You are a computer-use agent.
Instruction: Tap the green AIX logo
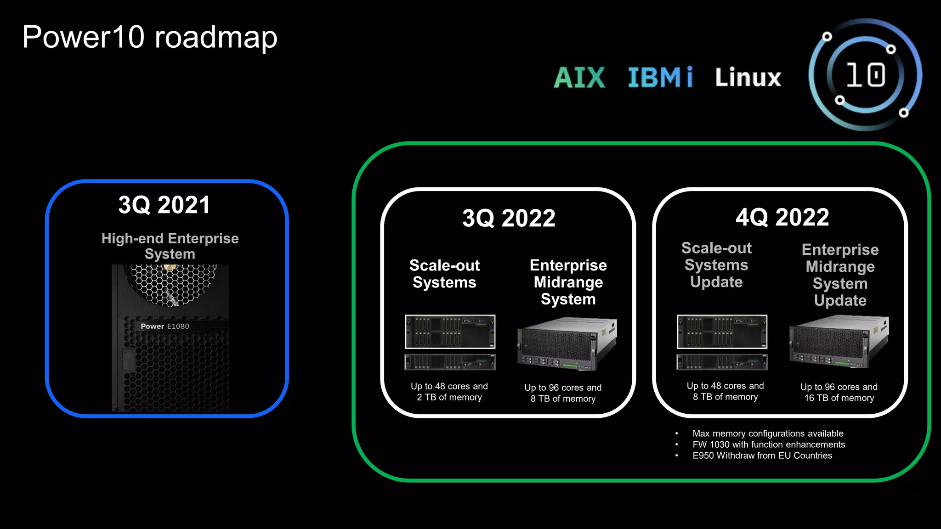click(579, 77)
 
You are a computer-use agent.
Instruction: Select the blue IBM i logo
click(660, 77)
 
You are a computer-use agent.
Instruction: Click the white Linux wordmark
click(748, 77)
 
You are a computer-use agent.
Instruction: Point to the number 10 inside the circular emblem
click(866, 75)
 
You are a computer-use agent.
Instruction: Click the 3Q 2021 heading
click(164, 205)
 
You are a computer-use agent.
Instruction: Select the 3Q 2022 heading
click(509, 218)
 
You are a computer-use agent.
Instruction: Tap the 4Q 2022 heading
click(782, 217)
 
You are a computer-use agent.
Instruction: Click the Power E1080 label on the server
click(165, 326)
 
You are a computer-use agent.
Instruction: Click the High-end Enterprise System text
click(170, 246)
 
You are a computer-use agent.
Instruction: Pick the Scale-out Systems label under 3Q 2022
click(444, 274)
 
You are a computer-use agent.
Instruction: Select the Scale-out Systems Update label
click(716, 265)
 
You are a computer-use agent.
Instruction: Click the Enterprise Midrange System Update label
click(840, 275)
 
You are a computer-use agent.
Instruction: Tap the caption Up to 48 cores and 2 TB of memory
click(449, 392)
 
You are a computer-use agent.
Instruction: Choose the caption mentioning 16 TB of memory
click(839, 392)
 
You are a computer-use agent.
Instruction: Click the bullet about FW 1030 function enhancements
click(768, 445)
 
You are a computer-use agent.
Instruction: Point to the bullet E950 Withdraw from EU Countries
click(762, 456)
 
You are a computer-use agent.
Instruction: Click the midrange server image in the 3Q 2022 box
click(567, 344)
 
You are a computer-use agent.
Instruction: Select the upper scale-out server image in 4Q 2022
click(722, 332)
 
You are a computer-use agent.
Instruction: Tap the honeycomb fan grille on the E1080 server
click(172, 285)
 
